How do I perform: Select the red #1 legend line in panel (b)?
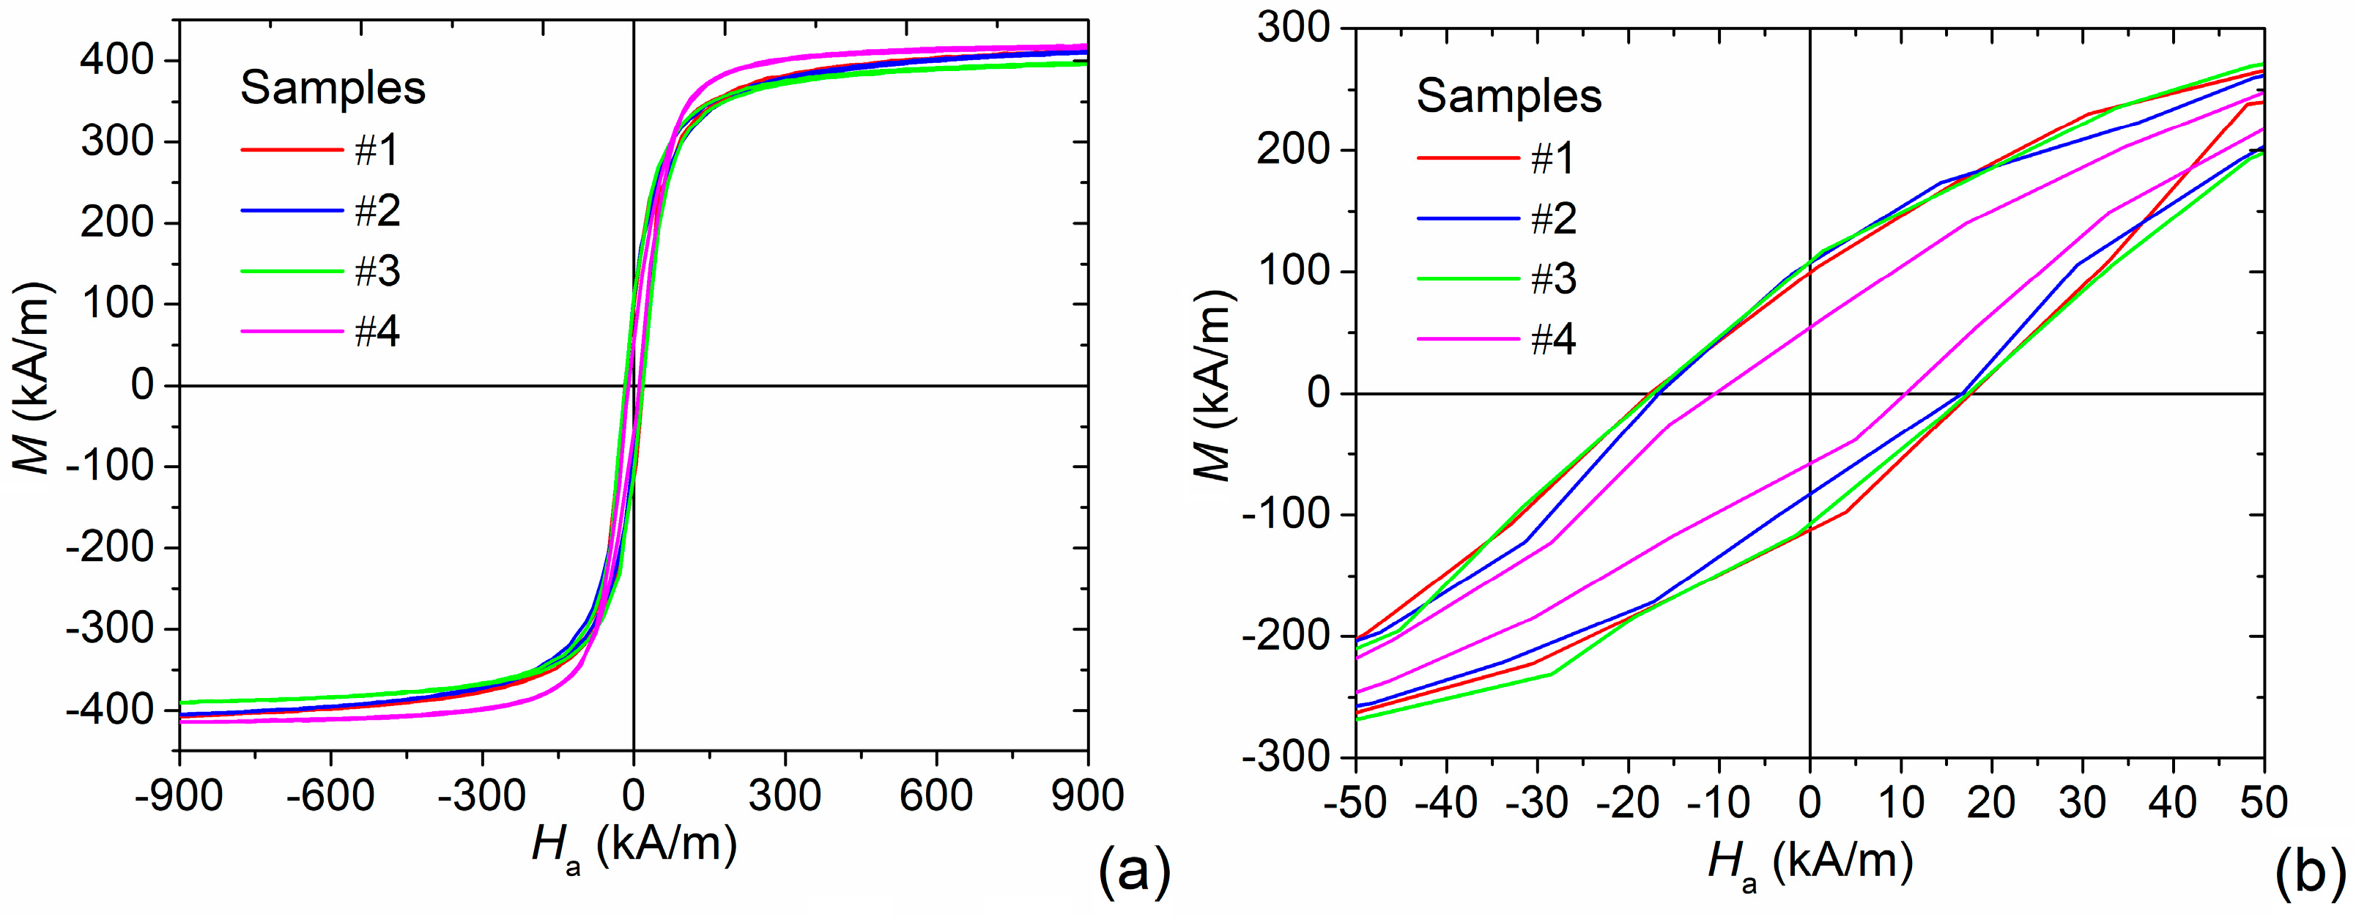pos(1468,157)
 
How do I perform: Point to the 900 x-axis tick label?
pos(1086,796)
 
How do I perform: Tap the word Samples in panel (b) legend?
pos(1509,96)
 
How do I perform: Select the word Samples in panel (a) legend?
pos(333,88)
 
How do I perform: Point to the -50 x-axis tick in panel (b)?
pos(1356,802)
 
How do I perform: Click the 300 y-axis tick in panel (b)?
pos(1293,29)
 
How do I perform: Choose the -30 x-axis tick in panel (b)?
pos(1536,802)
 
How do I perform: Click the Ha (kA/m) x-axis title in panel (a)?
pos(633,846)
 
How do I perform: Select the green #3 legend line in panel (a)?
pos(291,272)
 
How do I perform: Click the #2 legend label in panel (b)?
pos(1553,218)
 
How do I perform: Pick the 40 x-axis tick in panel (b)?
pos(2173,802)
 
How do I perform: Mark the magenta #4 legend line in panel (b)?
pos(1468,339)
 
